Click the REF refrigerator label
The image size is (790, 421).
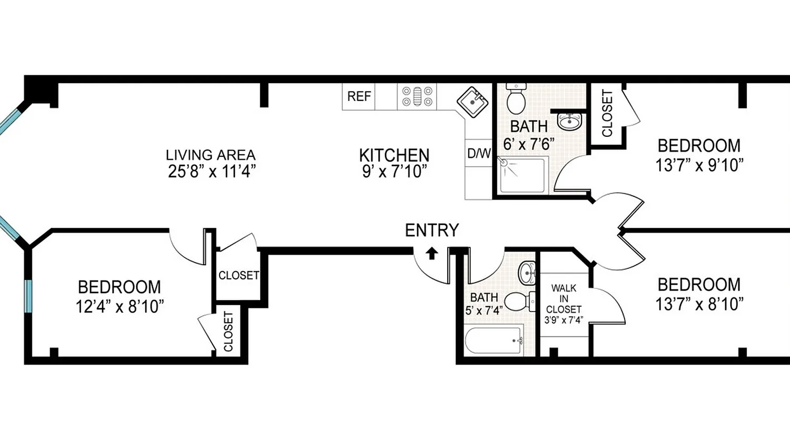(359, 97)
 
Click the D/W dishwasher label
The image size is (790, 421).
(479, 154)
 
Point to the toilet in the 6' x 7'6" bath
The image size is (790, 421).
(515, 99)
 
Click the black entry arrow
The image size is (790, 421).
(431, 254)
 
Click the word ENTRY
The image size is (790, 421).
(431, 230)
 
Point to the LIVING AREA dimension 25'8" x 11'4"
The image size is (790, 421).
(211, 172)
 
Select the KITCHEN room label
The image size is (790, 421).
(394, 155)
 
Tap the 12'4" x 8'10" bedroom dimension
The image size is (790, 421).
(119, 306)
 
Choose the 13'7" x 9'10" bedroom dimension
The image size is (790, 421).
(699, 165)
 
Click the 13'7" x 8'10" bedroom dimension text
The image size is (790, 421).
(699, 304)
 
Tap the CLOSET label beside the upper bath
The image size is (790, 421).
(607, 114)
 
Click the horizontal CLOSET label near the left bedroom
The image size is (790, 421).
(239, 275)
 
